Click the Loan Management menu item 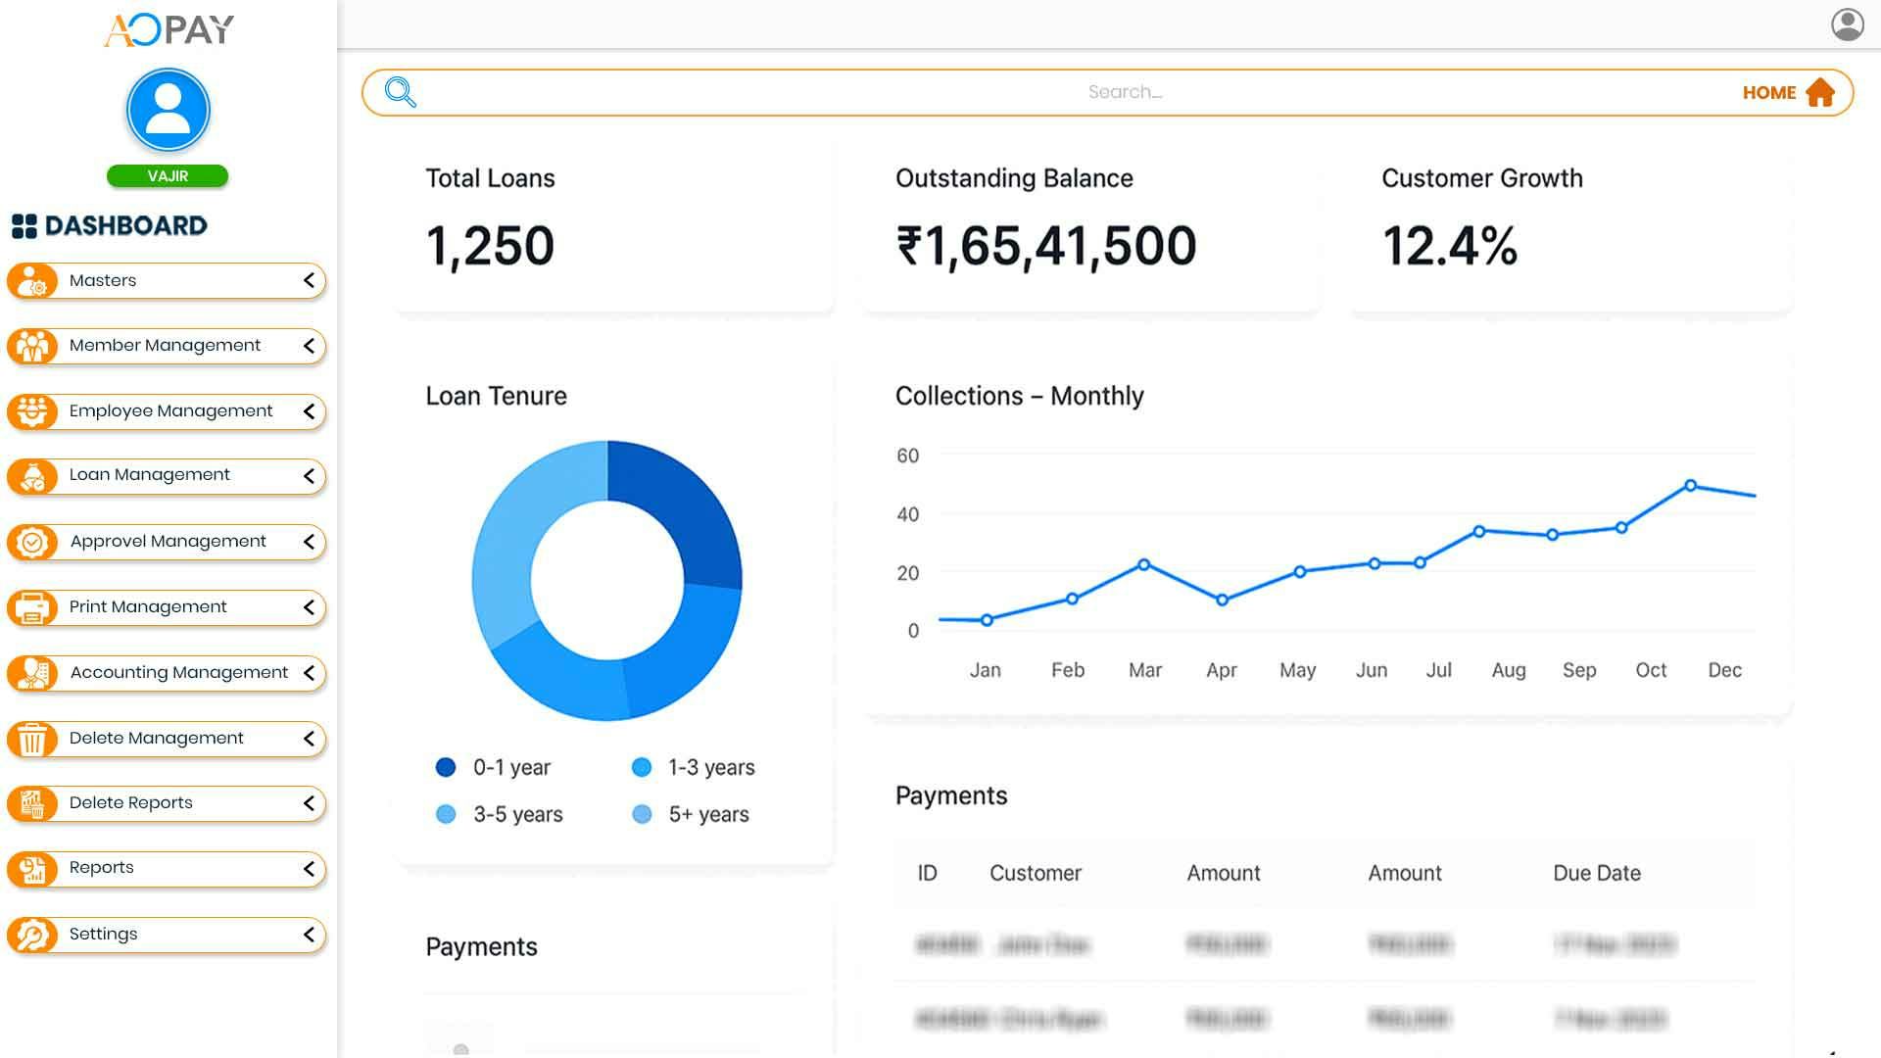(149, 475)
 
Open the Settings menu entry (103, 935)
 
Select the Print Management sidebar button (147, 607)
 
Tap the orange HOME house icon (1820, 92)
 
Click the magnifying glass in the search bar (401, 92)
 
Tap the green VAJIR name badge (168, 176)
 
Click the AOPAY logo (169, 30)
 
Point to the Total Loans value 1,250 (490, 245)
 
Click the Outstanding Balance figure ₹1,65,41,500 (1045, 245)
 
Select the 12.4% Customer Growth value (1449, 245)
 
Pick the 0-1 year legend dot (446, 767)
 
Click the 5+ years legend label (708, 814)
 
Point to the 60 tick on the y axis (907, 456)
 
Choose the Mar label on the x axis (1144, 670)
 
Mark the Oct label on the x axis (1651, 670)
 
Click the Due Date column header (1596, 873)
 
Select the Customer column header (1035, 873)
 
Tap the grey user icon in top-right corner (1847, 24)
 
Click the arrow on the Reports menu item (309, 869)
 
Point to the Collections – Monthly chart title (1019, 396)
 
